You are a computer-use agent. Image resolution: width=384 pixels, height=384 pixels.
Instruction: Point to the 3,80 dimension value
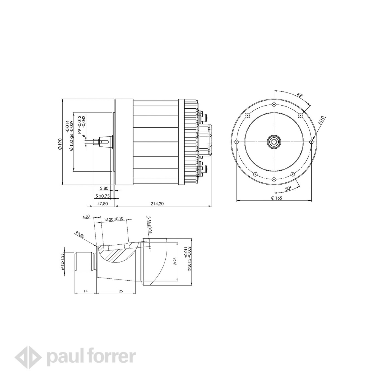coord(104,188)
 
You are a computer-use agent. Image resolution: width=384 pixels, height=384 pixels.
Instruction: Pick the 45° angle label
coord(300,95)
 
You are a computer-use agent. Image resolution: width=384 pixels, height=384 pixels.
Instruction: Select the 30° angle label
coord(288,189)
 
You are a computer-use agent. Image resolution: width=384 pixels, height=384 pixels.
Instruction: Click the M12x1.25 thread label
coord(63,262)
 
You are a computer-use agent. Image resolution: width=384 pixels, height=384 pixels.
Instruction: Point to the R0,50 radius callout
coord(80,235)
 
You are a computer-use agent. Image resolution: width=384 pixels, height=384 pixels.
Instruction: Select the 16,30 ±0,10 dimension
coord(114,219)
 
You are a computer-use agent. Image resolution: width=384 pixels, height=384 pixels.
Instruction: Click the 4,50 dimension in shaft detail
coord(86,216)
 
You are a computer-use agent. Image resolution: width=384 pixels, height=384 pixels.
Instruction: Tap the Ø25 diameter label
coord(175,261)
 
